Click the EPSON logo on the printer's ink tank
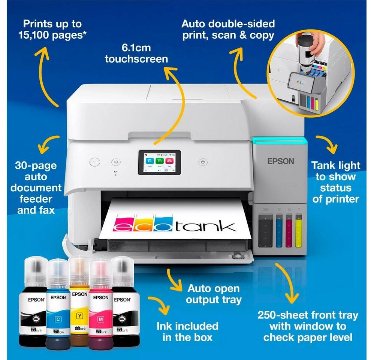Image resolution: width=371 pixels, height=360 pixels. click(x=281, y=161)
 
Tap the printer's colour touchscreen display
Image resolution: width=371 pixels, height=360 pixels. click(x=159, y=162)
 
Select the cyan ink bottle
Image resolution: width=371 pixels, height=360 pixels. click(x=58, y=304)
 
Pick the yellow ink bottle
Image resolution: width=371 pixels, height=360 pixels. click(x=79, y=300)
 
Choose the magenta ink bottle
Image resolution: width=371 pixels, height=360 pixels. click(x=100, y=304)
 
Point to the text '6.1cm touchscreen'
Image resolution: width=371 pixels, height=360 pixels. click(x=136, y=54)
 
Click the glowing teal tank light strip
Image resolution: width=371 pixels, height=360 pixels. click(x=279, y=141)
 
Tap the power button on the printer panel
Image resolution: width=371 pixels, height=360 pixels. click(x=95, y=162)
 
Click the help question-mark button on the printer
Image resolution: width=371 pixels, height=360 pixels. click(x=203, y=162)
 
